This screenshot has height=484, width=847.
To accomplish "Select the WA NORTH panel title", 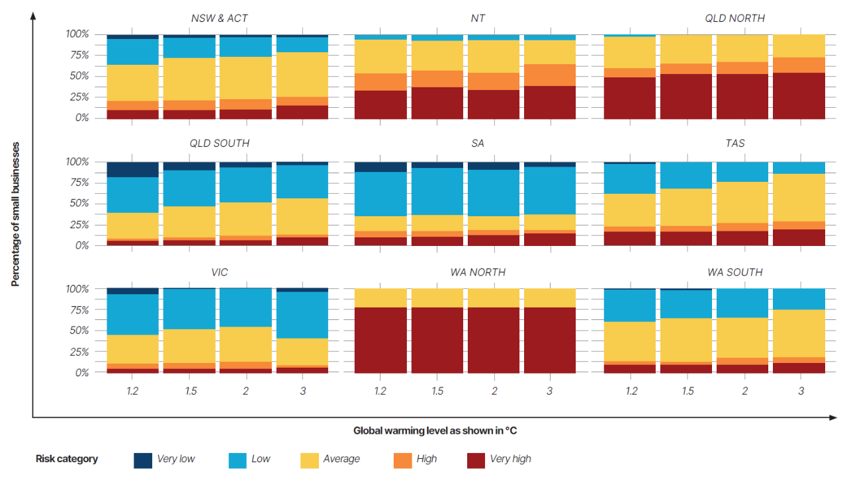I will click(x=478, y=272).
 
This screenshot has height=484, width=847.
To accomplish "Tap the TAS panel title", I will click(x=735, y=143).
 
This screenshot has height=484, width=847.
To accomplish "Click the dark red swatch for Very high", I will click(x=476, y=459).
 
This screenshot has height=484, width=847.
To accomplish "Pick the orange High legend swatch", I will click(x=402, y=459).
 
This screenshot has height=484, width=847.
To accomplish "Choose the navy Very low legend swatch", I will click(x=143, y=459).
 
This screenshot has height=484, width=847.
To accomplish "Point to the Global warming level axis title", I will click(x=435, y=430).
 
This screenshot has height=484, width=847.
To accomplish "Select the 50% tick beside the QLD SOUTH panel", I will click(x=78, y=204).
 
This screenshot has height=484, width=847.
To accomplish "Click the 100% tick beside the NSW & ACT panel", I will click(x=77, y=34).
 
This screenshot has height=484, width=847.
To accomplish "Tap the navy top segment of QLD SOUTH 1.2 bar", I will click(x=132, y=169).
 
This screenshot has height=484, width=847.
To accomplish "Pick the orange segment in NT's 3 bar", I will click(x=549, y=75).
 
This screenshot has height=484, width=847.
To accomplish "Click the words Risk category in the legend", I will click(x=67, y=459).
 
